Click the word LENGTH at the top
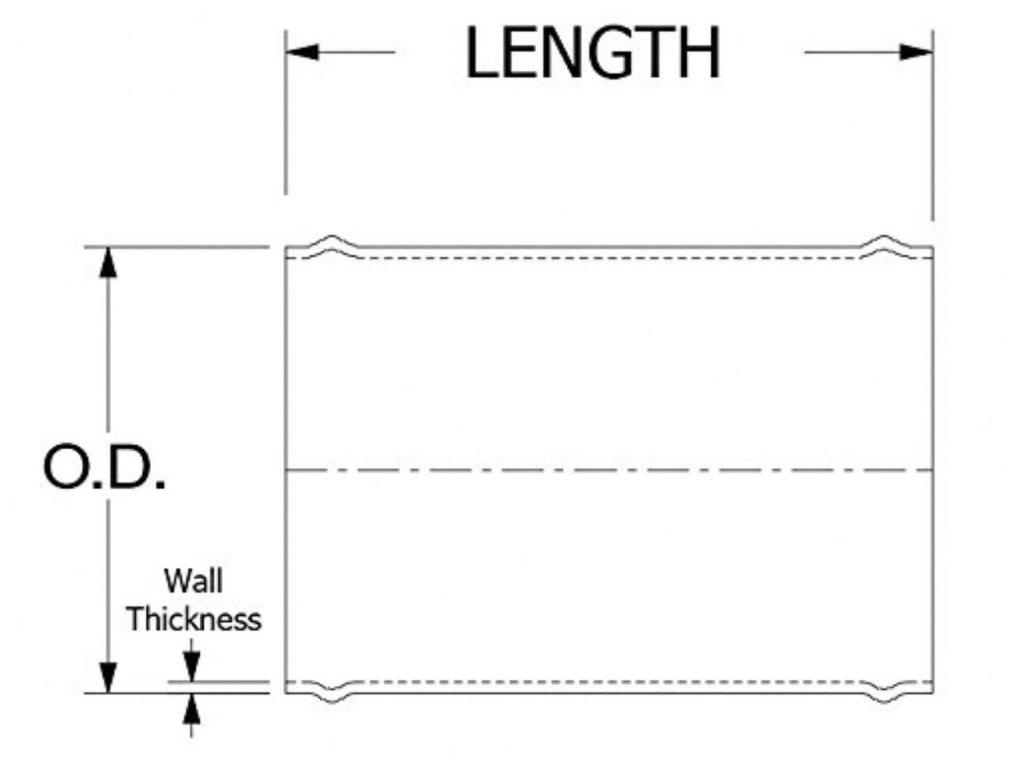pos(593,54)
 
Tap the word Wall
pos(193,581)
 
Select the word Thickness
pos(194,619)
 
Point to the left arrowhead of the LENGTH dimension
pos(301,52)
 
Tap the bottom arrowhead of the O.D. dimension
pos(109,678)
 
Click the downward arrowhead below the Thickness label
pos(191,667)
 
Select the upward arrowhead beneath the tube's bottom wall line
pos(191,709)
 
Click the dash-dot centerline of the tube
pos(609,470)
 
